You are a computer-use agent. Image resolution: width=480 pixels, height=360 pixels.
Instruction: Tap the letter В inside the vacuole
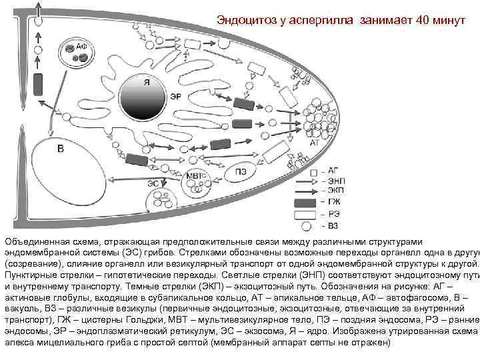61,148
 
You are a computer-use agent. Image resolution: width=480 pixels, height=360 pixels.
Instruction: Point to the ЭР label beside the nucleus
176,97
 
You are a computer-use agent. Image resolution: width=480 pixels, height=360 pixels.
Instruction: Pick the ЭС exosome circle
159,198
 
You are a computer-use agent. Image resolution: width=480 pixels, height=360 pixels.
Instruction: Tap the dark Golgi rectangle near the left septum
38,83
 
